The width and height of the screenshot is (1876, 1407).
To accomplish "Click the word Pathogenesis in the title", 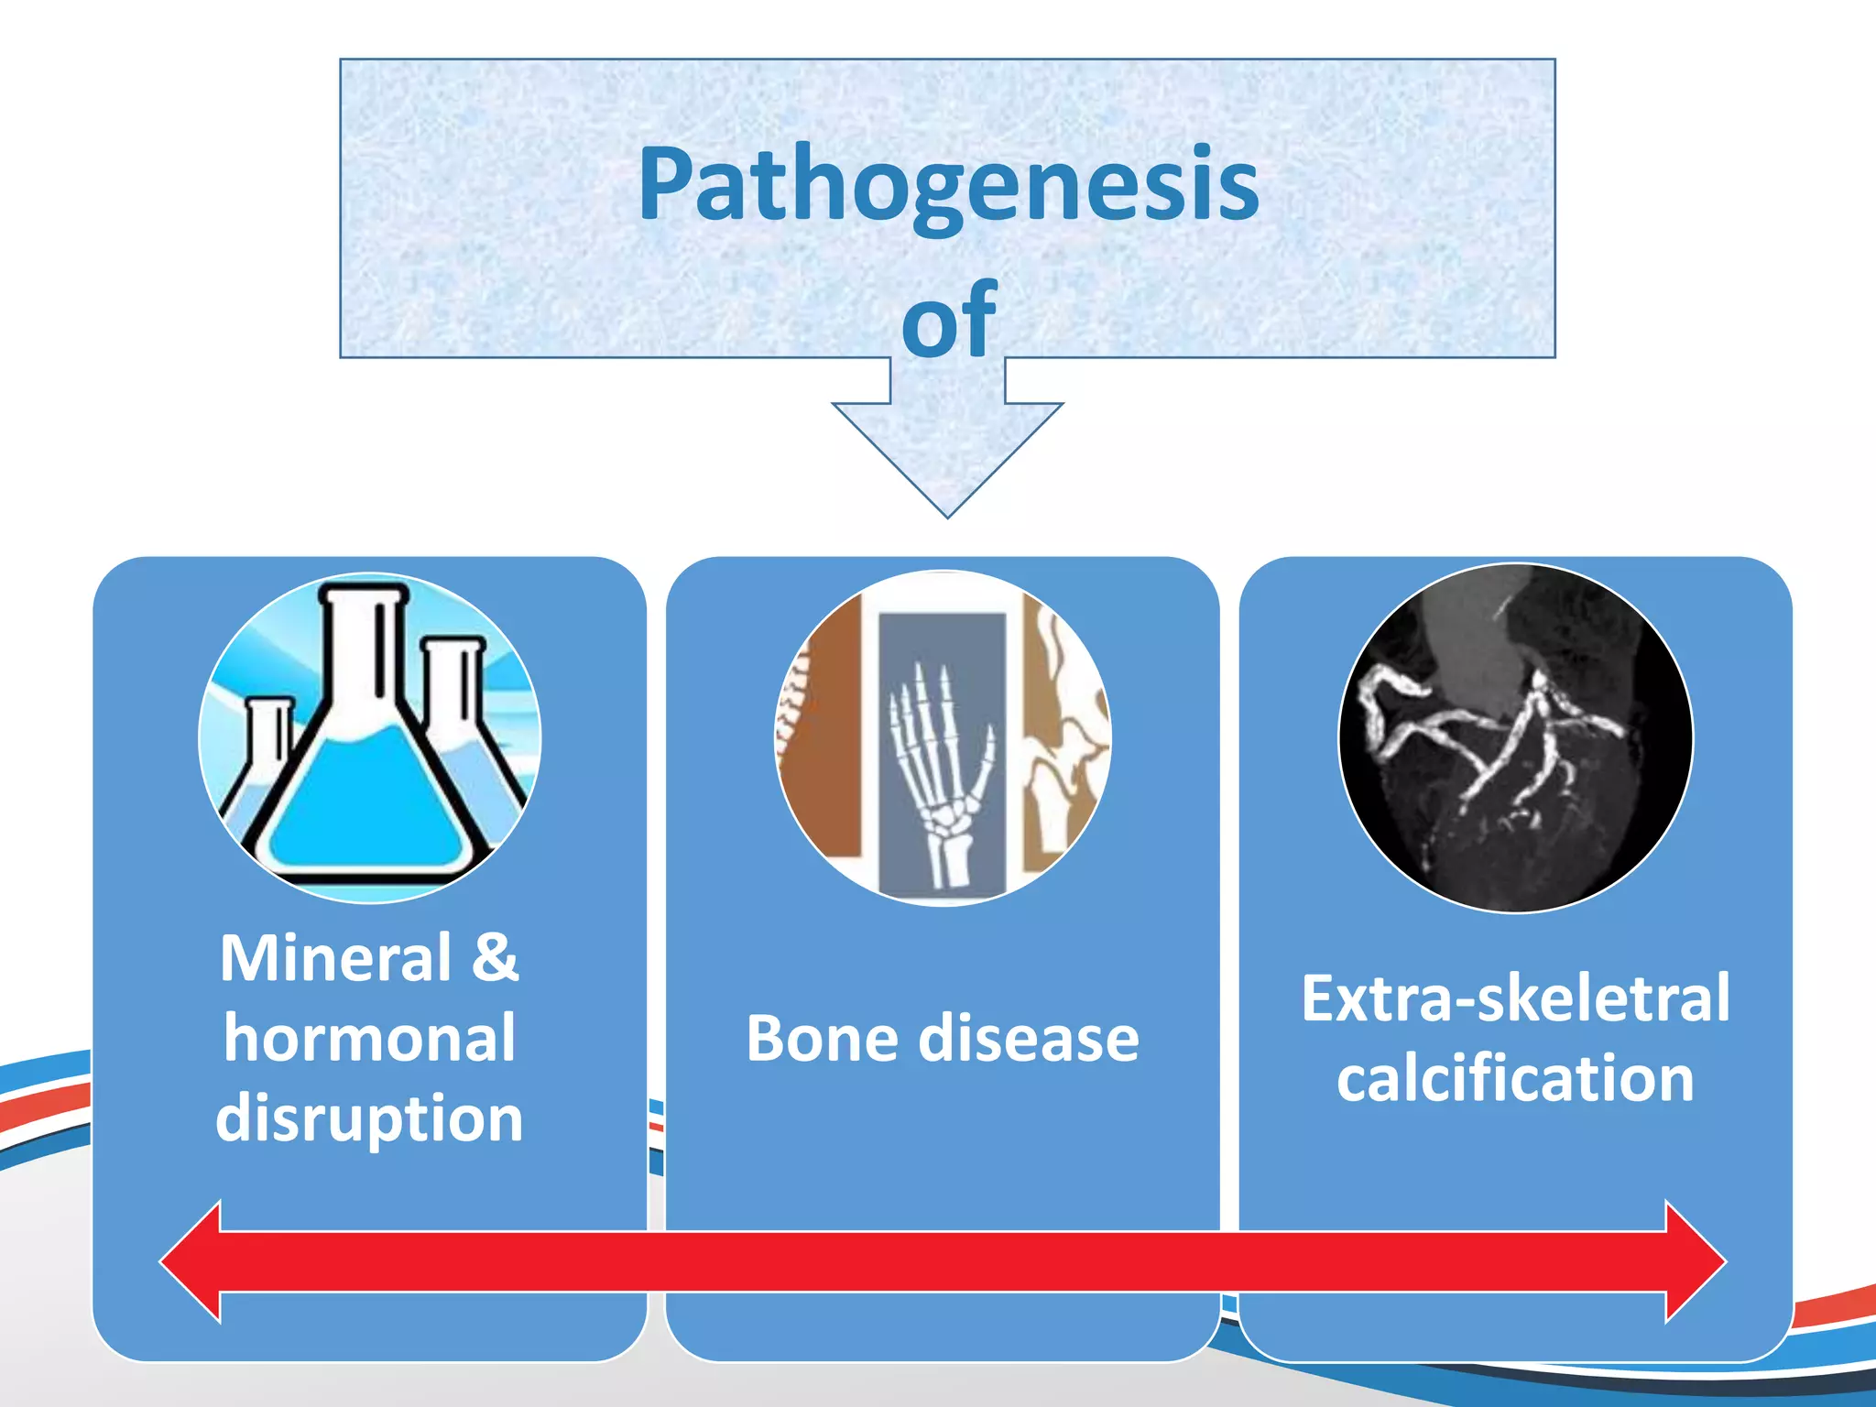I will click(x=948, y=186).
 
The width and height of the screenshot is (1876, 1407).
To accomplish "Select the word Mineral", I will click(x=336, y=959).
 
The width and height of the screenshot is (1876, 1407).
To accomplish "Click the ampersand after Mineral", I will click(x=496, y=959).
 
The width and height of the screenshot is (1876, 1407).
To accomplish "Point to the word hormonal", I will click(x=369, y=1039).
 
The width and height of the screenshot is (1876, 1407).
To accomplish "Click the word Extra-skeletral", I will click(x=1515, y=998).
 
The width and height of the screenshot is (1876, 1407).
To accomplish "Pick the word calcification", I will click(x=1515, y=1079).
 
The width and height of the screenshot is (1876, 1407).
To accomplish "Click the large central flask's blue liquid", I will click(x=366, y=806).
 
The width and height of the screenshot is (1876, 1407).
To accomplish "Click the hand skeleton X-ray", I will click(x=939, y=733).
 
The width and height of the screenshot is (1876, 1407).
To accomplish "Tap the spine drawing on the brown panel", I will click(x=793, y=705).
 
